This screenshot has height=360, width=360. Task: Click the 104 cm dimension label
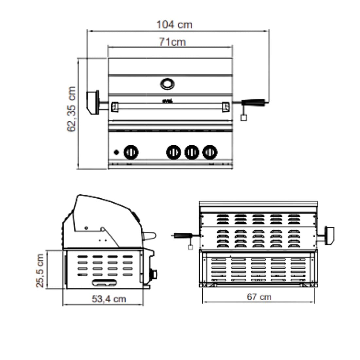(x=174, y=25)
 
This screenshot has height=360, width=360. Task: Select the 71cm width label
(x=172, y=42)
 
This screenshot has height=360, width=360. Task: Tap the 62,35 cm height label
(x=72, y=109)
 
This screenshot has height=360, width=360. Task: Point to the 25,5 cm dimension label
(x=40, y=270)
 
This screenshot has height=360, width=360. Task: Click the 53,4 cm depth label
(x=109, y=299)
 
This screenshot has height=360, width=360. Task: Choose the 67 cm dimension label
(x=259, y=297)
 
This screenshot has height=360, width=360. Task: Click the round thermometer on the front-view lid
(x=167, y=84)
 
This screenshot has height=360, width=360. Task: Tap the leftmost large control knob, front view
(x=131, y=152)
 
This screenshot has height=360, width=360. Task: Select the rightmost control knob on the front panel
(x=209, y=152)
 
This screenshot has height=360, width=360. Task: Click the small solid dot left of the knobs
(x=116, y=152)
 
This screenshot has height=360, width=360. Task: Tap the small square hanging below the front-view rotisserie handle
(x=243, y=118)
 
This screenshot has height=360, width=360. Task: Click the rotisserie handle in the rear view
(x=183, y=236)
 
